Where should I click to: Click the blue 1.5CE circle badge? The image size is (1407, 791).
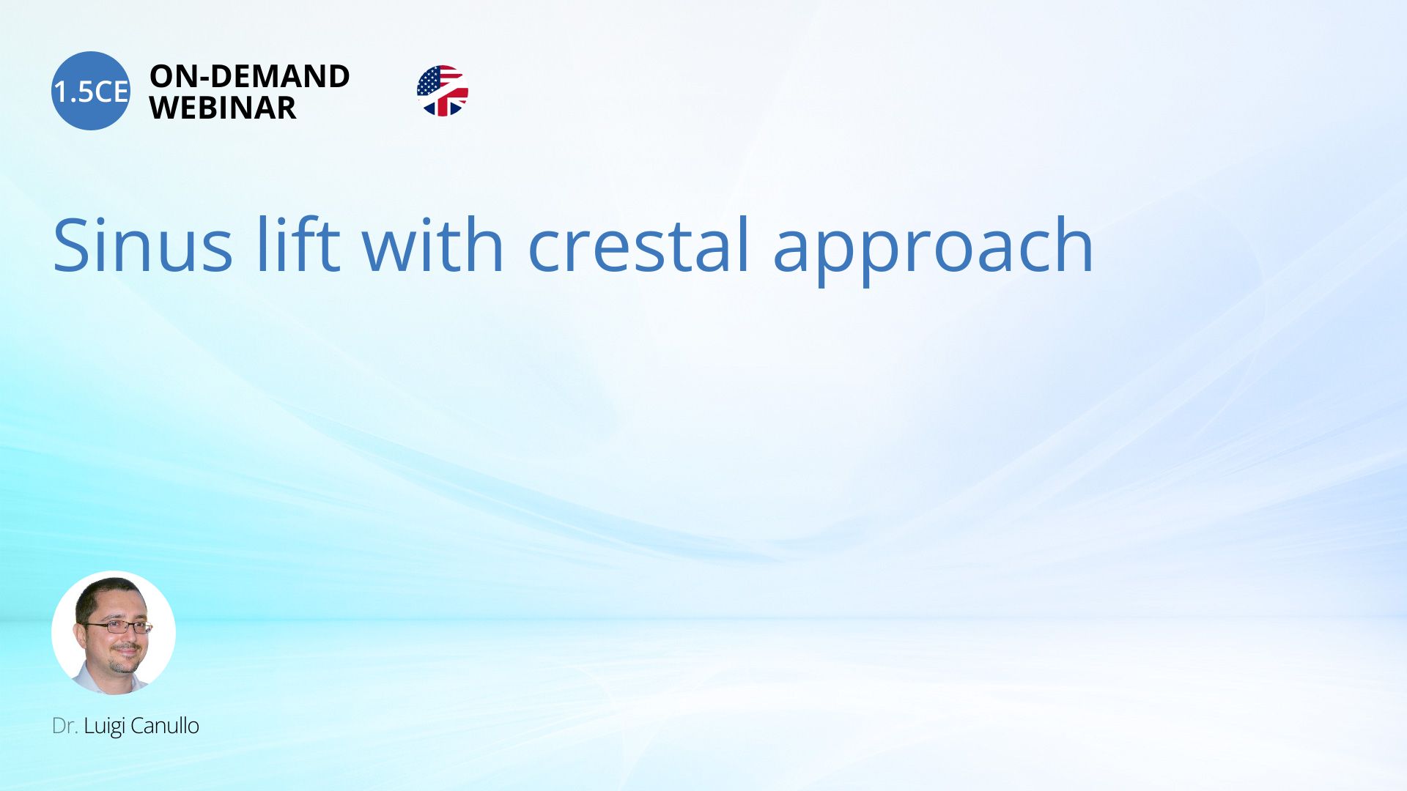[x=91, y=91]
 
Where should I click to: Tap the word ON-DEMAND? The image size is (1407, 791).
[x=250, y=76]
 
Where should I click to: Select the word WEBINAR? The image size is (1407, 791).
[x=223, y=108]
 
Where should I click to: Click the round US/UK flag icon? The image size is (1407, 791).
[x=443, y=91]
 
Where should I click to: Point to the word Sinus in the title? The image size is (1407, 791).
[x=143, y=245]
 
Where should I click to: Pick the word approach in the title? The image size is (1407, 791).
[x=933, y=249]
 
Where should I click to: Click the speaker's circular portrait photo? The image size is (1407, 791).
[x=114, y=633]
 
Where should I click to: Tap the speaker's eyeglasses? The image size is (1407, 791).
[x=117, y=627]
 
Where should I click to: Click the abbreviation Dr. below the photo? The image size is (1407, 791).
[x=64, y=726]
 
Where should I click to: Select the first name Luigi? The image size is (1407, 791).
[x=105, y=727]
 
